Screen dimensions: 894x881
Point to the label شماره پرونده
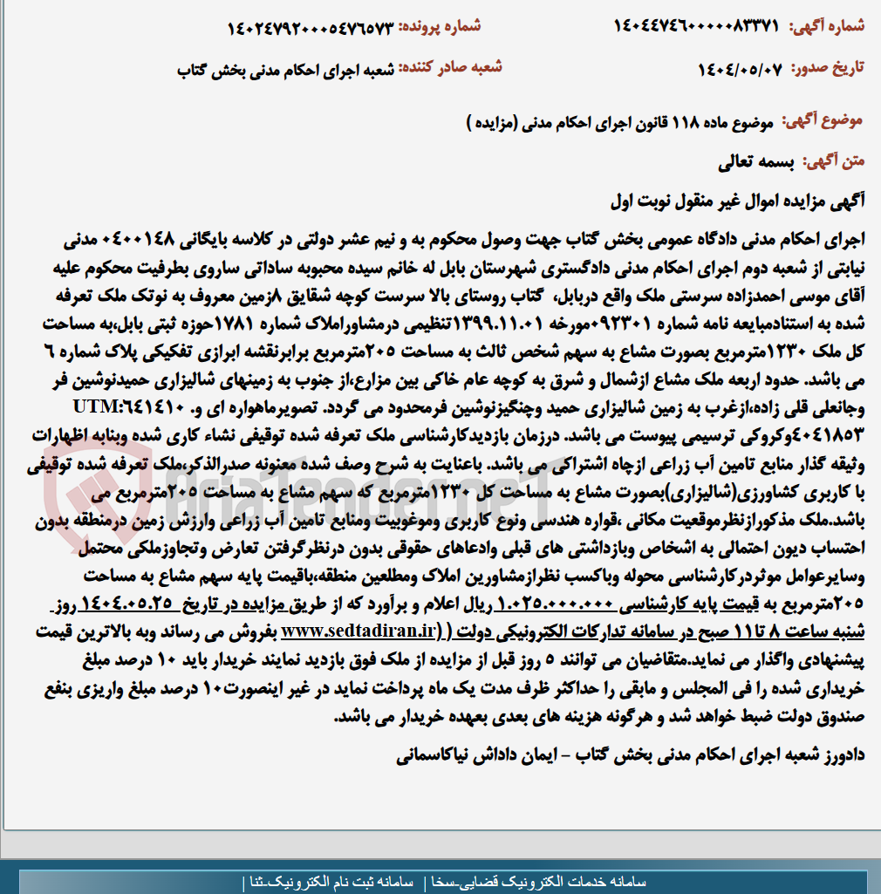(x=440, y=26)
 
